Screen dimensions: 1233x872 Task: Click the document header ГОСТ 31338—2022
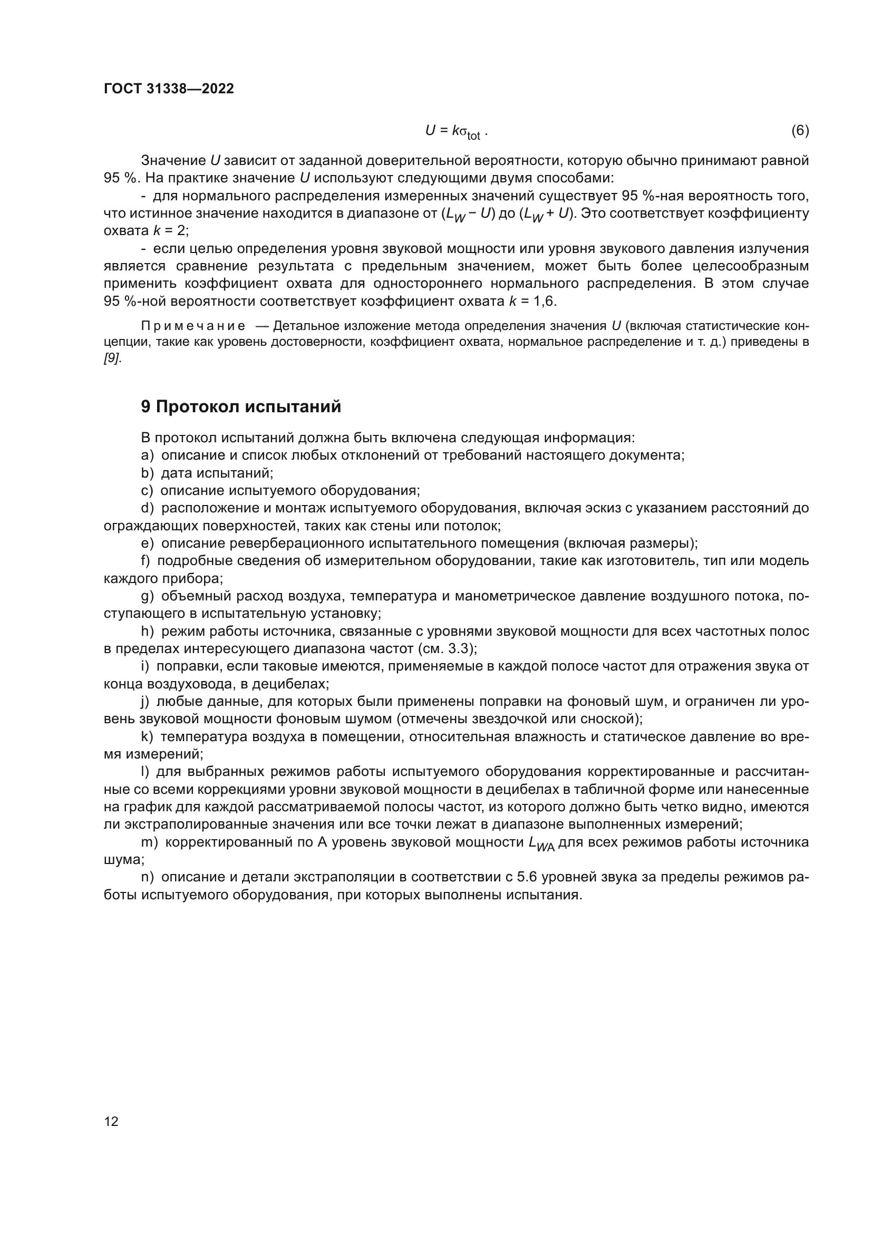(169, 89)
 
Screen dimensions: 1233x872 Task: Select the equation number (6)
(800, 131)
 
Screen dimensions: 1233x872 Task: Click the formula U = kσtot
(456, 131)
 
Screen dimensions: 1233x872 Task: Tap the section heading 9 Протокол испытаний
(241, 406)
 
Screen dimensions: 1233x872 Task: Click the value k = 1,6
(532, 302)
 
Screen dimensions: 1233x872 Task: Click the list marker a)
(147, 455)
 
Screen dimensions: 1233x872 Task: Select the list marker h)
(147, 632)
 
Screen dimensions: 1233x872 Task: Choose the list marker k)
(147, 737)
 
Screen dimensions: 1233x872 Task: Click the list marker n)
(147, 877)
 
